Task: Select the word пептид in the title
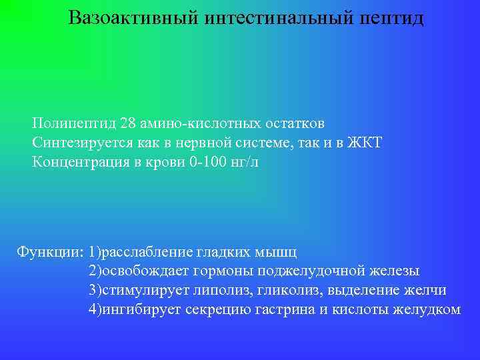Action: (x=392, y=17)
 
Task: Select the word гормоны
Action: (x=223, y=271)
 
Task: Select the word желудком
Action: (x=427, y=309)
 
